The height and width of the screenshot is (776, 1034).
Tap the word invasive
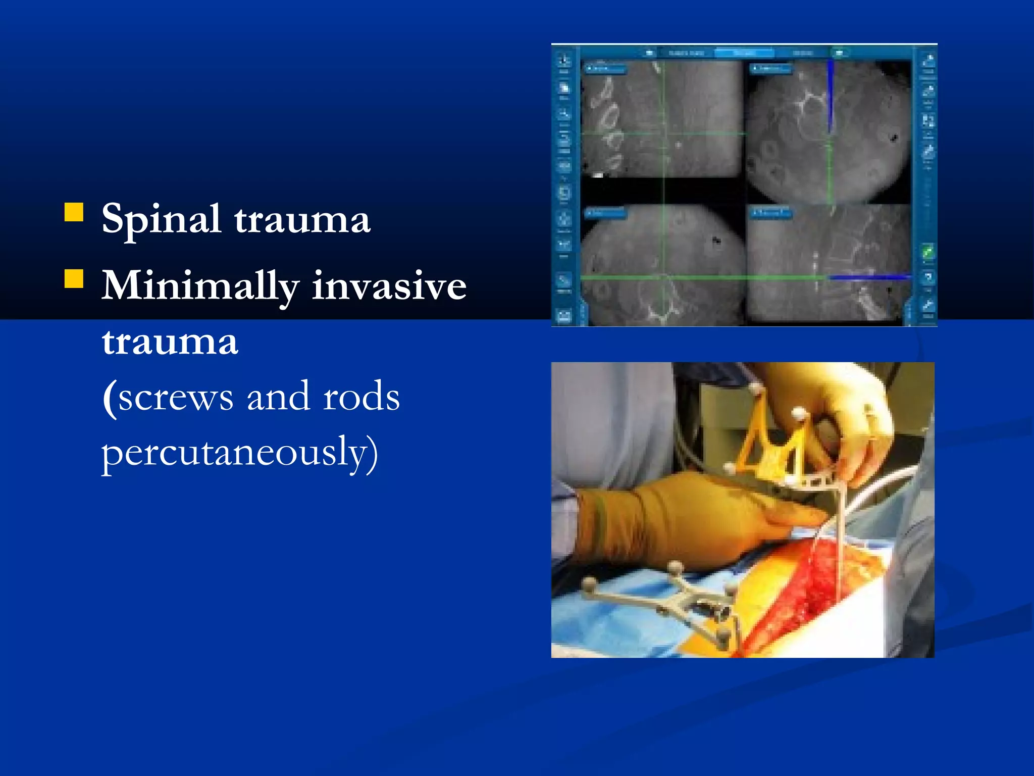tap(389, 285)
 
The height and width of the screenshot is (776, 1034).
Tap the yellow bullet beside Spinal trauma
tap(74, 212)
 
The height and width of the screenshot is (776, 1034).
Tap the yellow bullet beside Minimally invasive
tap(74, 278)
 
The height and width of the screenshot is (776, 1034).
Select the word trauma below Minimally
tap(170, 342)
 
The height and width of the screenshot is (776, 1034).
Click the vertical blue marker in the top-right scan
tap(830, 96)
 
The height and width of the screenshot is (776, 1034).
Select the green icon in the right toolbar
tap(928, 251)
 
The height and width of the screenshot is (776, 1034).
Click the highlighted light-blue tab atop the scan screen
tap(744, 53)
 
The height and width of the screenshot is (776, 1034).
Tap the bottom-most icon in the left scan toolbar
tap(564, 316)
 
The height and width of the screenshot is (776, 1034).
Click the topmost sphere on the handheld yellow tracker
tap(756, 388)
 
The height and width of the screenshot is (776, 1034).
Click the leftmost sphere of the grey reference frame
tap(589, 585)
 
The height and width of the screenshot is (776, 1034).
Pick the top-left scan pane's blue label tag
tap(605, 69)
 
